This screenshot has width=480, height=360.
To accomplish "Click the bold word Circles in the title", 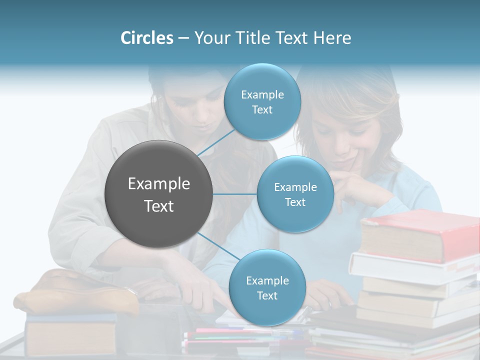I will (147, 38).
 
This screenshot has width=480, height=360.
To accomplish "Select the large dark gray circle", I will (158, 194).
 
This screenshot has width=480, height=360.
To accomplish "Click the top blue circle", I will (262, 101).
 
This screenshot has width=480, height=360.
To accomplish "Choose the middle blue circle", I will (295, 194).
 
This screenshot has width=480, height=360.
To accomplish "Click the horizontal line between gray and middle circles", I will (235, 194).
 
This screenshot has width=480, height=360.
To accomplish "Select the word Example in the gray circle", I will (158, 184).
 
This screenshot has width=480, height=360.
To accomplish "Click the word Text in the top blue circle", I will (262, 110).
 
